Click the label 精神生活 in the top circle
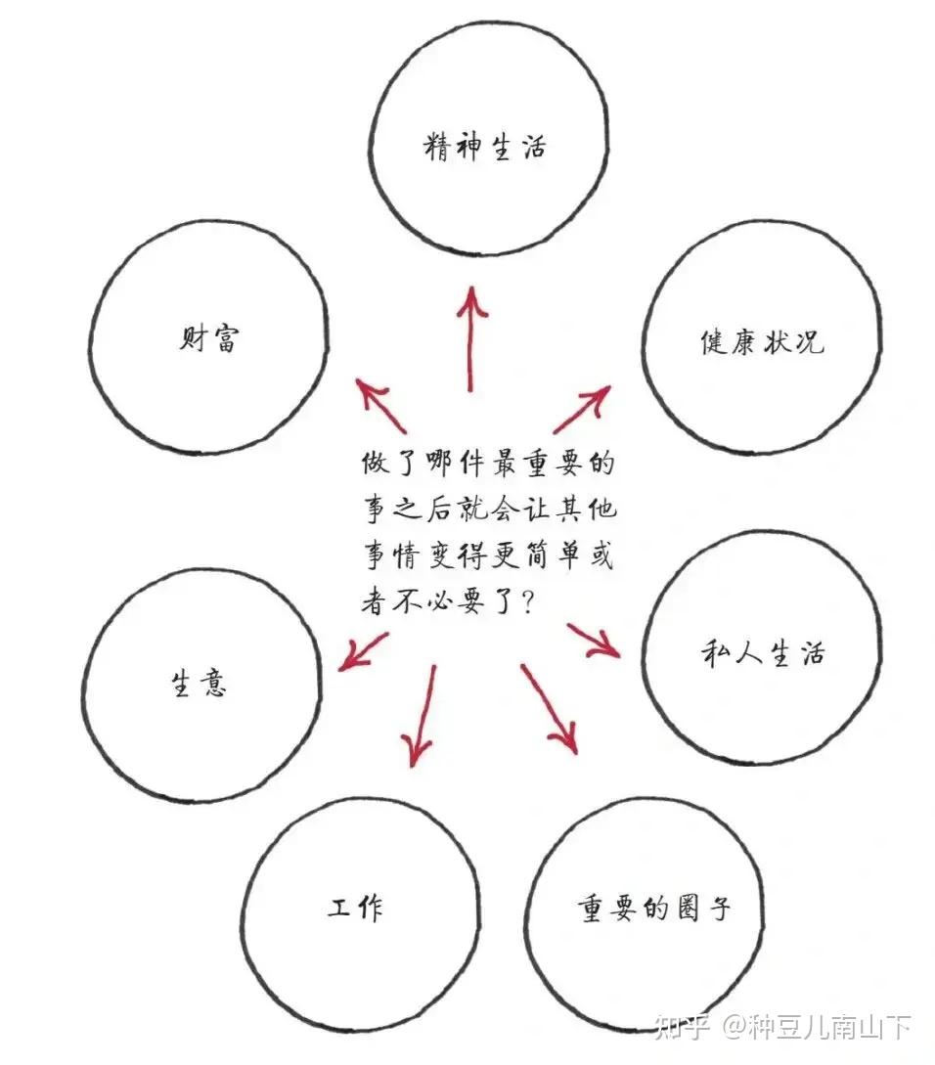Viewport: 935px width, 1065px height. click(x=485, y=148)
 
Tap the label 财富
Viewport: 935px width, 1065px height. click(x=209, y=339)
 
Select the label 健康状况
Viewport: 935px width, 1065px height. click(x=762, y=341)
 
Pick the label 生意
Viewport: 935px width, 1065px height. click(x=200, y=682)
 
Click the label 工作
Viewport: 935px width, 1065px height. click(x=355, y=908)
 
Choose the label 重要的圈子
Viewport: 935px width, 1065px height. click(x=653, y=909)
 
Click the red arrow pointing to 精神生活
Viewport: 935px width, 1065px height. click(x=471, y=337)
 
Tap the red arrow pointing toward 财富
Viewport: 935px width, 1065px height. click(x=381, y=406)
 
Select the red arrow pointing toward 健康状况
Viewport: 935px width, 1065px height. click(x=583, y=409)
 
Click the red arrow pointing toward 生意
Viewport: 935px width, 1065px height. click(x=363, y=650)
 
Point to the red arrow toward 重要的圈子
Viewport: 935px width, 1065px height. click(x=549, y=709)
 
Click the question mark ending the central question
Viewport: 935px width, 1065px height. click(x=526, y=603)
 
